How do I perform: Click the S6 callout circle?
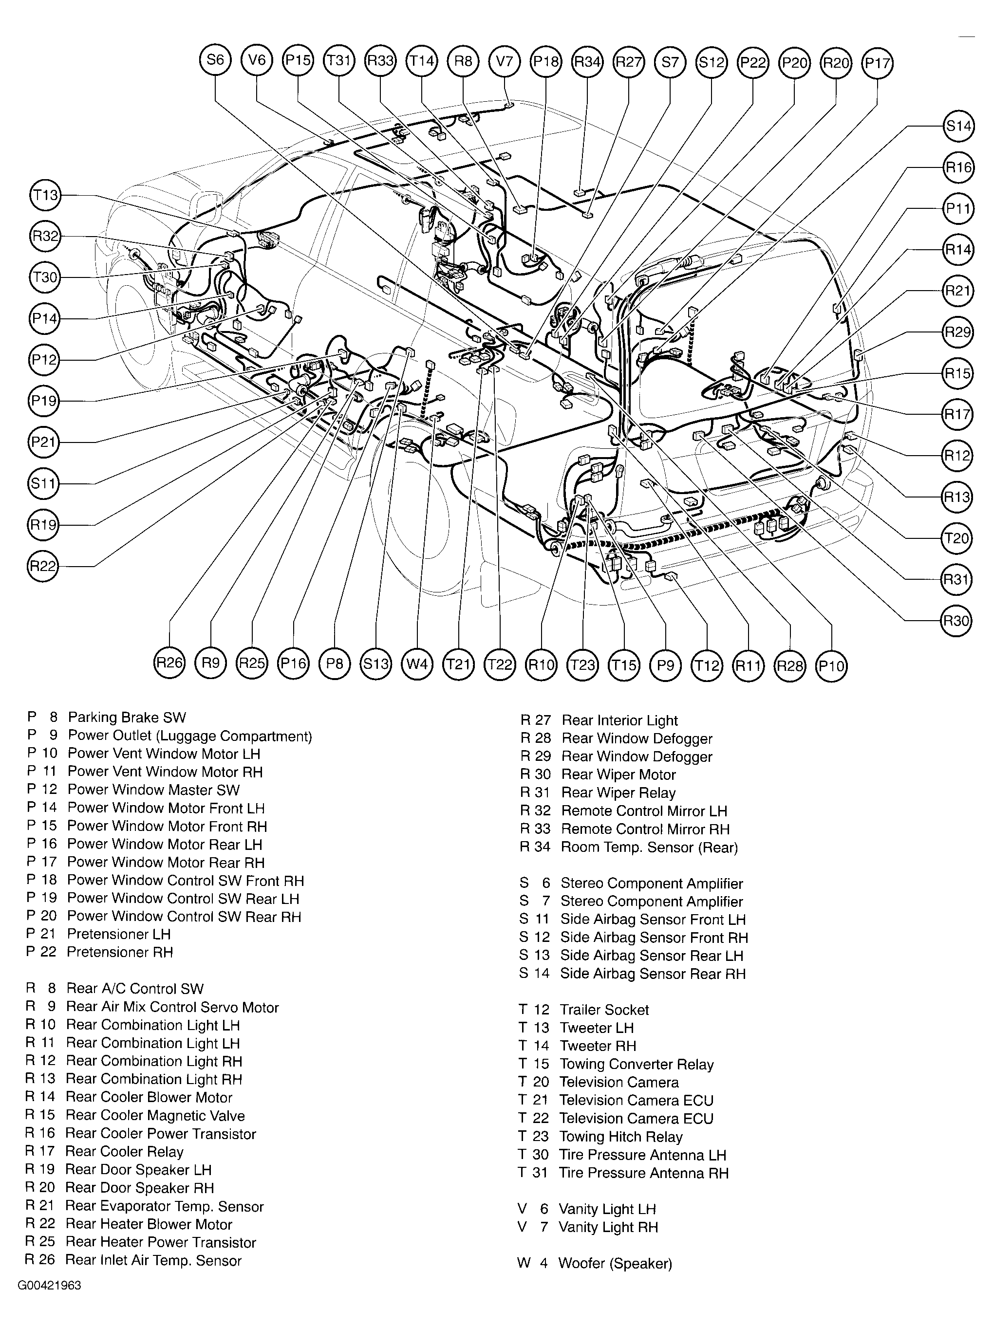click(215, 60)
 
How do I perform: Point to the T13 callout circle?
click(45, 195)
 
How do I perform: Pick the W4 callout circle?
click(417, 664)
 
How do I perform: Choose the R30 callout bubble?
click(956, 621)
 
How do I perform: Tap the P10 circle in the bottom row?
click(831, 665)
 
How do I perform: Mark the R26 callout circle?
click(169, 663)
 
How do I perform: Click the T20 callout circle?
click(956, 538)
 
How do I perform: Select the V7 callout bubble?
click(505, 60)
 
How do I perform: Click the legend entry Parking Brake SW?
click(127, 718)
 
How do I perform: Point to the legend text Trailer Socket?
click(604, 1010)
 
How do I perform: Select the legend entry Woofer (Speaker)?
click(615, 1264)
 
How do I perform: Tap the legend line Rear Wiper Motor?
click(618, 774)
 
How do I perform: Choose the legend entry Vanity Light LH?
click(607, 1209)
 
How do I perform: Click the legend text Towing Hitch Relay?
click(620, 1137)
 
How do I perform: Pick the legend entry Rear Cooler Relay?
click(124, 1152)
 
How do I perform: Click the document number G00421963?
click(49, 1286)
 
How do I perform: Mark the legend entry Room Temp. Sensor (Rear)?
click(649, 847)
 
